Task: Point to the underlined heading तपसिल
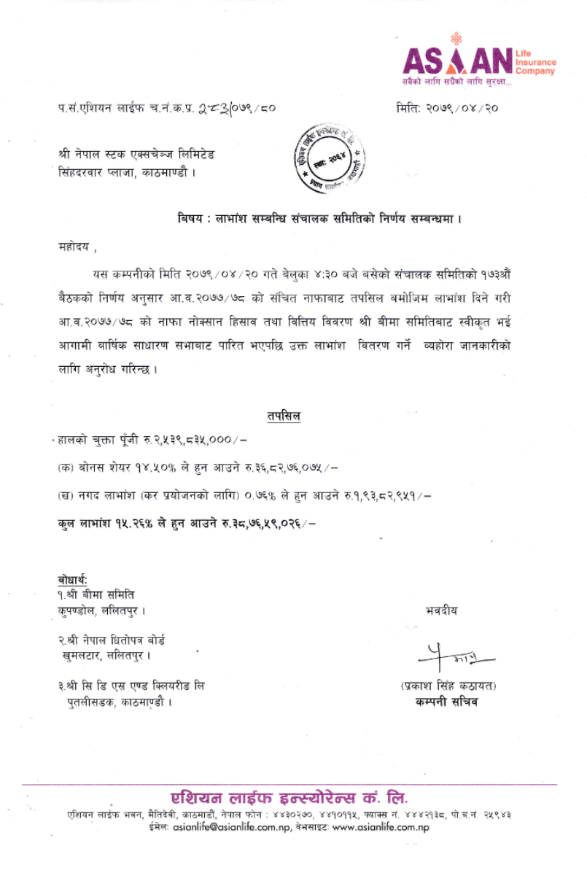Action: [x=284, y=416]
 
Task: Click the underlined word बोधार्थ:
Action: [x=73, y=581]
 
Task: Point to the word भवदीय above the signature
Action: [x=441, y=610]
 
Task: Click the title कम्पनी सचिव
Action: [x=443, y=702]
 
